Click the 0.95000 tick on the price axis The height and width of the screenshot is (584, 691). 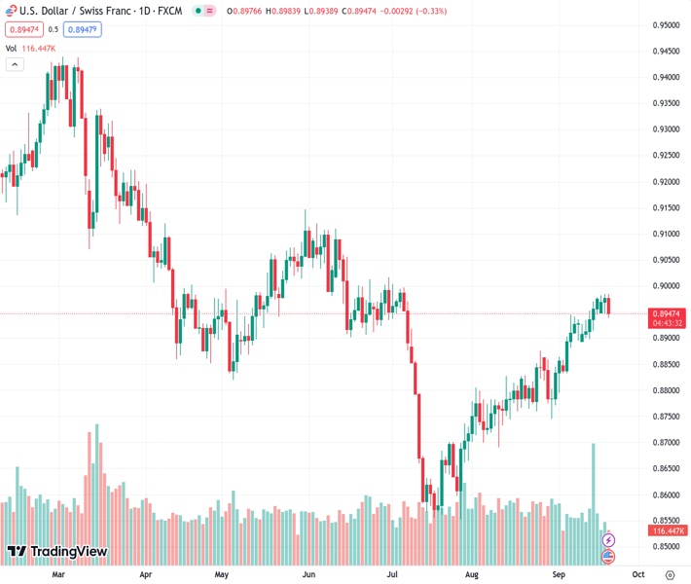(x=666, y=25)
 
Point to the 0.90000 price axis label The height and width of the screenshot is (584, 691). (x=666, y=286)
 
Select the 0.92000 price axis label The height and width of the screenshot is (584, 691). (x=666, y=182)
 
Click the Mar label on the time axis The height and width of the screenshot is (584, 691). (x=58, y=575)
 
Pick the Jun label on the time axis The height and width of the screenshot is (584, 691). (x=310, y=575)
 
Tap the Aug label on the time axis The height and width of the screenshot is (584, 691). (x=471, y=575)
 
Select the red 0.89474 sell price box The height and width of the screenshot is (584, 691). (x=23, y=29)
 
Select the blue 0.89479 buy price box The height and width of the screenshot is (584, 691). (x=85, y=29)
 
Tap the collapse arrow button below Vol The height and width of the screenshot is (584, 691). (x=15, y=64)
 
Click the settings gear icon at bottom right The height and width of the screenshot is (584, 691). (x=670, y=575)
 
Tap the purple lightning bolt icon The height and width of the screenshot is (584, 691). (x=608, y=539)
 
